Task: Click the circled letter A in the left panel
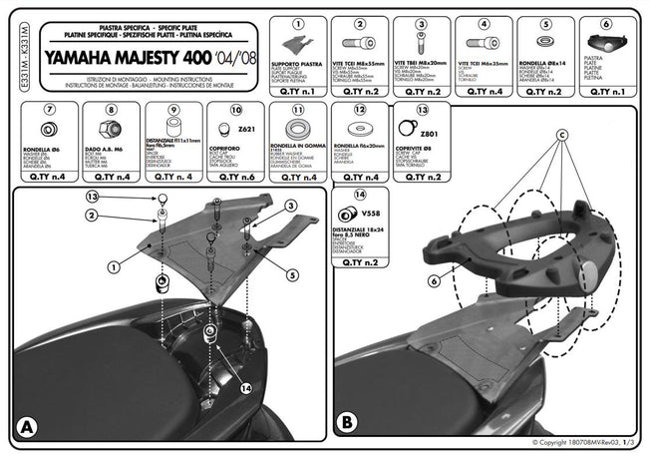pos(27,426)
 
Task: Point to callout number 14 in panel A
pos(247,390)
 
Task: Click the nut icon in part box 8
pos(110,131)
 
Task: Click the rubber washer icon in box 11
pos(297,131)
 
